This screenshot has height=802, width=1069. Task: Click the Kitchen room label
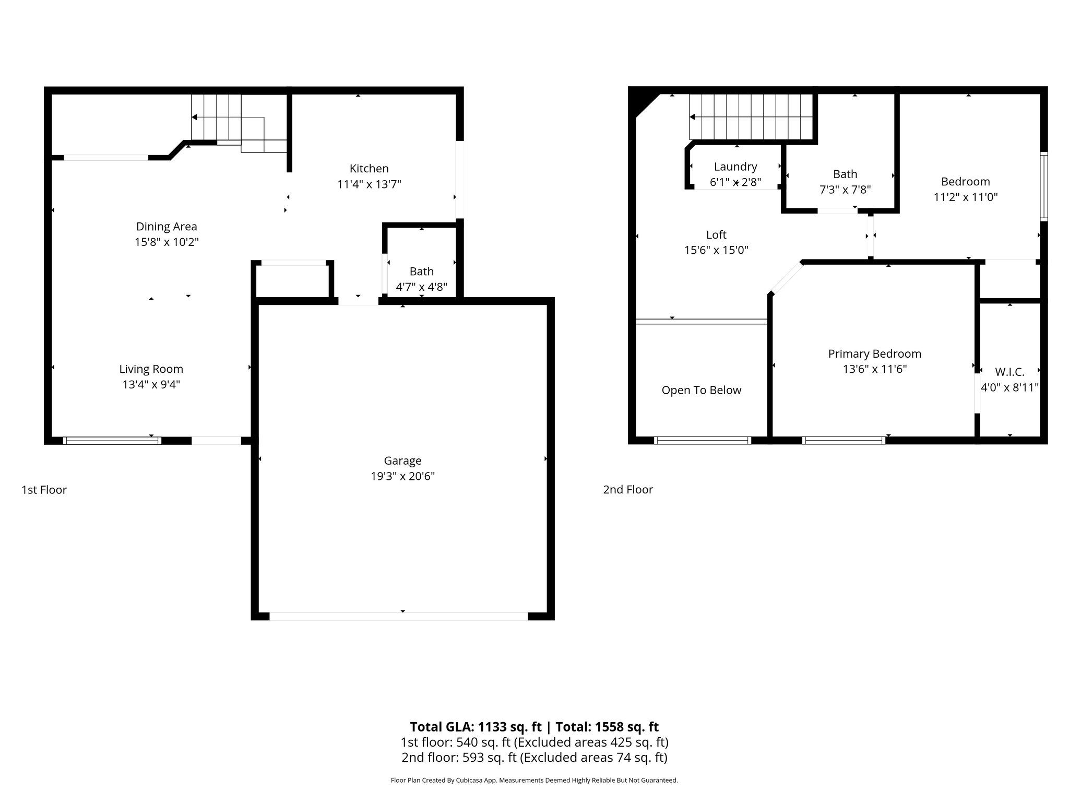point(369,169)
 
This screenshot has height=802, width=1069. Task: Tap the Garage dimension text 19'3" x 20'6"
point(402,476)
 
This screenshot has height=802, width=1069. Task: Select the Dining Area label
point(167,227)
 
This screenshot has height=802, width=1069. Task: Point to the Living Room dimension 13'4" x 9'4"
point(151,385)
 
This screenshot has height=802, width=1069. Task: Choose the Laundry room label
point(735,167)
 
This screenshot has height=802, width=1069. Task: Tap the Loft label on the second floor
point(716,235)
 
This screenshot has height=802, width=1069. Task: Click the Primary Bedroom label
point(874,354)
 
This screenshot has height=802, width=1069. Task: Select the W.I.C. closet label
point(1009,372)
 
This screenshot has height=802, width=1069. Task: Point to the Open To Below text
point(701,391)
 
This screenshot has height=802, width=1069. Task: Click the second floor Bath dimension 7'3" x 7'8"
point(845,190)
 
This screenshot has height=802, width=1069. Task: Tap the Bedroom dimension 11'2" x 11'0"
point(966,197)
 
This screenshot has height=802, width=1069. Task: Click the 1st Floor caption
point(44,490)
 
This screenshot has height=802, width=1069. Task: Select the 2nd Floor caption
point(628,490)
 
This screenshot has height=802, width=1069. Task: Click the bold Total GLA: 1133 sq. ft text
point(476,727)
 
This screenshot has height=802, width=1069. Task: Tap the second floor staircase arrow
point(693,117)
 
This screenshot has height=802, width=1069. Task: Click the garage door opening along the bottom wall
point(398,616)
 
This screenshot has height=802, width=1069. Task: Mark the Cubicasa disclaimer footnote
point(534,781)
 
